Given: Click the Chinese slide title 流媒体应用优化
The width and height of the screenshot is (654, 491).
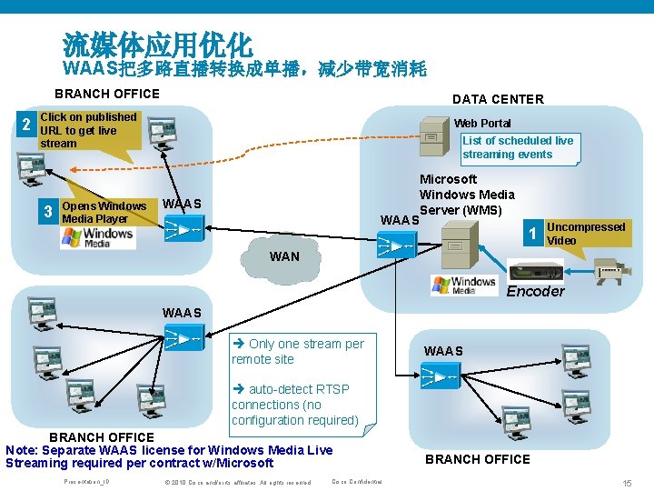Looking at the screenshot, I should coord(157,44).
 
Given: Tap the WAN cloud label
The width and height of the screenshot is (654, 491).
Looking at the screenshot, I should coord(284,257).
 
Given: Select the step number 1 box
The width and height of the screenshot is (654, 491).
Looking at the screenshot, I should coord(533,234).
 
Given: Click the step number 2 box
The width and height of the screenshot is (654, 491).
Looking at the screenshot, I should coord(27,125).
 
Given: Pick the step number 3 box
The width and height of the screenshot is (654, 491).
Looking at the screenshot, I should coord(48,213).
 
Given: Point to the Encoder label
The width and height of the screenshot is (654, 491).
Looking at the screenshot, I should coord(535,292).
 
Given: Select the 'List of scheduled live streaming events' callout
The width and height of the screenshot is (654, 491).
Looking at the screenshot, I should coord(519,147).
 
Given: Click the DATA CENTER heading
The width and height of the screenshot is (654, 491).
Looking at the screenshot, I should coord(498,99).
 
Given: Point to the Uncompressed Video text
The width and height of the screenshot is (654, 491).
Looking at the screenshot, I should coord(586,234).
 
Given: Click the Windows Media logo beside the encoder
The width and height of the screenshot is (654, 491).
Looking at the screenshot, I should coord(463,285).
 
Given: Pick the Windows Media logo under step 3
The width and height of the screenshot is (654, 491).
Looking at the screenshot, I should coord(97,236).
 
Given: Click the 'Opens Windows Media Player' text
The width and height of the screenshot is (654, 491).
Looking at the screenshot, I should coord(104,212).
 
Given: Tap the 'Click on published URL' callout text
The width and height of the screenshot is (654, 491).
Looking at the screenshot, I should coord(88,130).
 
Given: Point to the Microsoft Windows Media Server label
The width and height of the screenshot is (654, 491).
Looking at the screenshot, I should coord(466,195).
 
